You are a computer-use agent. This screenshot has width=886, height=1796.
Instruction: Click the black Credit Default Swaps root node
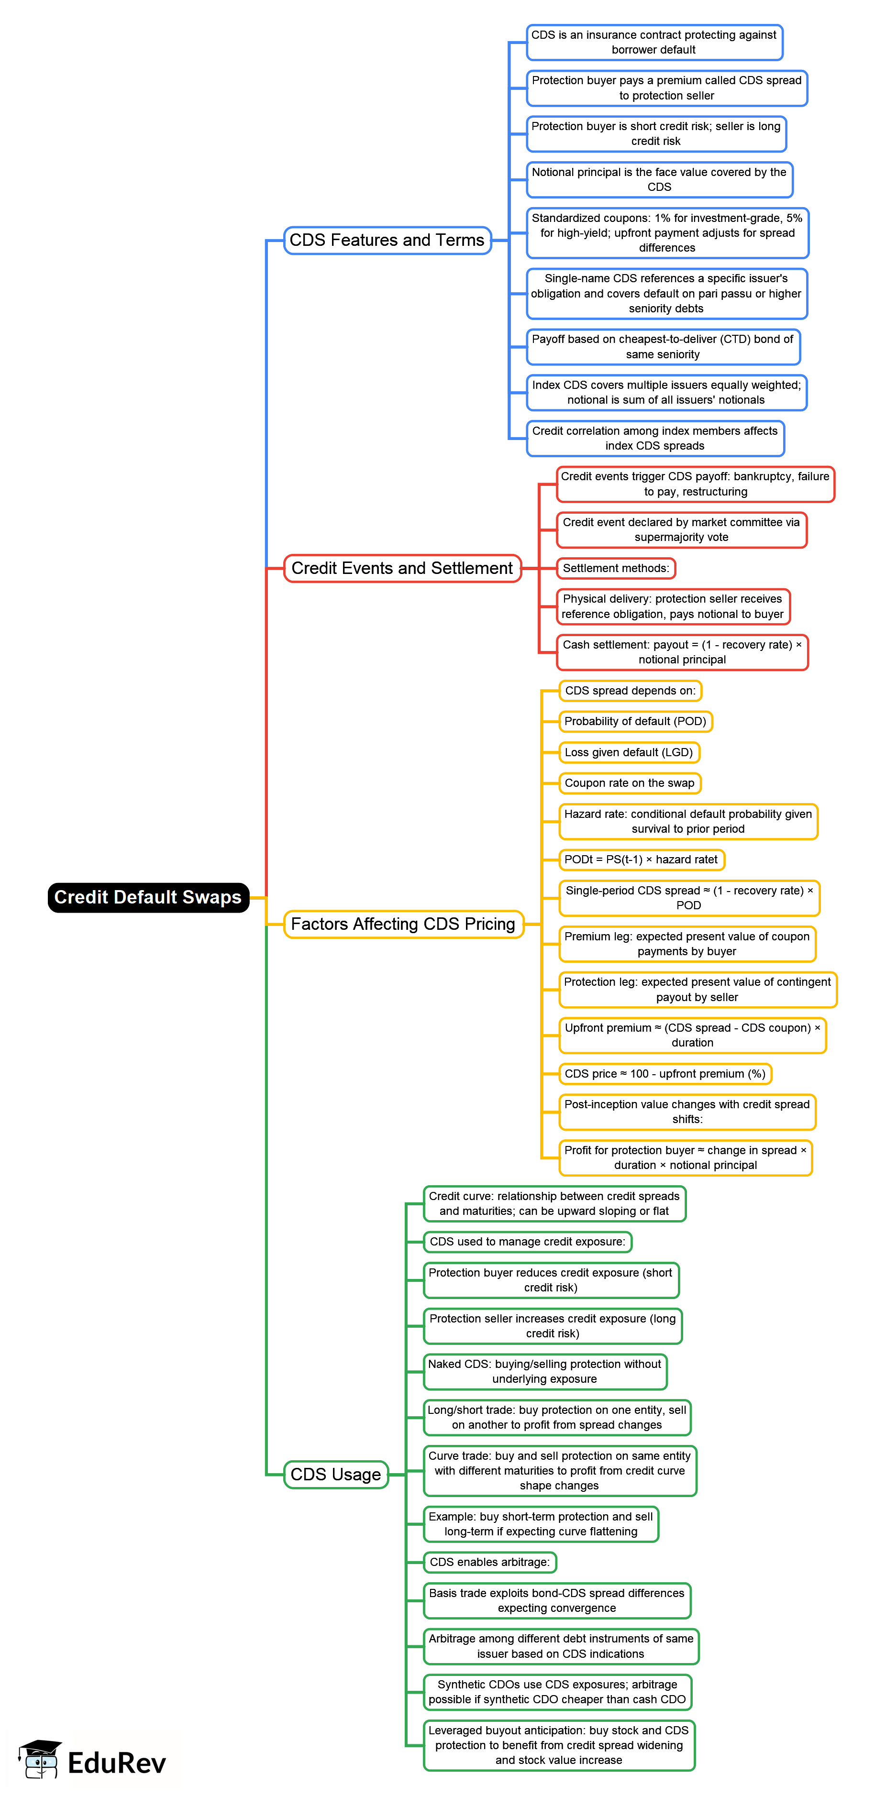click(148, 897)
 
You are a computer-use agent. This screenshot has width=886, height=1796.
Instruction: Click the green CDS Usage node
click(335, 1474)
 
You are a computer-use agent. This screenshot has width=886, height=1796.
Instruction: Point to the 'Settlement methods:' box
click(616, 568)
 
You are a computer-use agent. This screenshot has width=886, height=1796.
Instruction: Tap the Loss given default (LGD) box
click(628, 752)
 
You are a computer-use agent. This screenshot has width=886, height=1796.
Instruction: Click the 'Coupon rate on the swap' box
click(630, 783)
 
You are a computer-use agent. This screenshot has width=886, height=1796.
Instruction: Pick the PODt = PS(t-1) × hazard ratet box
click(641, 859)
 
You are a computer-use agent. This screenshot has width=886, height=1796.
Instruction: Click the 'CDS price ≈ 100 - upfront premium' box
click(664, 1074)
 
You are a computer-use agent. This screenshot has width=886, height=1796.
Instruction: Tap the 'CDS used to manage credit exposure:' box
click(527, 1242)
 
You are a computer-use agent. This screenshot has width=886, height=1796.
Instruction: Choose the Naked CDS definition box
click(544, 1371)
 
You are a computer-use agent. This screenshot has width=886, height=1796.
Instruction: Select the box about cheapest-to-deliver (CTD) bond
click(662, 346)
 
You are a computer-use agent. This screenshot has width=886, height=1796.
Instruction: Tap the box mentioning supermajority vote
click(681, 530)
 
